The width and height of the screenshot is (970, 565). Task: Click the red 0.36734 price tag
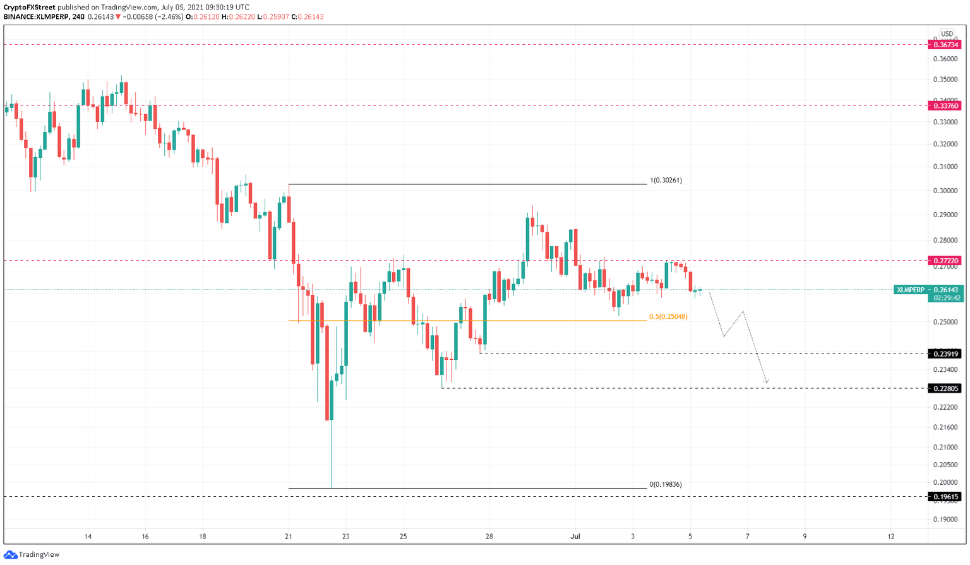(x=944, y=45)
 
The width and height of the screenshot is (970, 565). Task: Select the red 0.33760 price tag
(x=944, y=106)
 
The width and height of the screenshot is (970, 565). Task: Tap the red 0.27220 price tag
(x=944, y=261)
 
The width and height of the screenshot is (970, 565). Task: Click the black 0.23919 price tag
(x=944, y=354)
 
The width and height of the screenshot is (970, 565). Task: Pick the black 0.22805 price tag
(x=944, y=389)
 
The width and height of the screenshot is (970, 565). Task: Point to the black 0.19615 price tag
(x=944, y=497)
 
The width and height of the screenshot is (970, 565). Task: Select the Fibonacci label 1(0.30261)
(x=666, y=181)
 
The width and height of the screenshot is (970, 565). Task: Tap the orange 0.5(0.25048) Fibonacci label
(x=668, y=317)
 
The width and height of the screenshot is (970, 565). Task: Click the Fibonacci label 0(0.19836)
(x=666, y=485)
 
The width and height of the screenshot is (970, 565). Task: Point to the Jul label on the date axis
(x=575, y=537)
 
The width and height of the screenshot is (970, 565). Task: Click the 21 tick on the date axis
(x=289, y=537)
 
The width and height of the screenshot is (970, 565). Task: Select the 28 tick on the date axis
(x=489, y=537)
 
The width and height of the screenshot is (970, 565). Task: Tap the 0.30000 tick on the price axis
(x=945, y=191)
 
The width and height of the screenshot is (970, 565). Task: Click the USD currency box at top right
(x=946, y=34)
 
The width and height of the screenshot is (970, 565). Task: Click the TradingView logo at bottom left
(x=32, y=555)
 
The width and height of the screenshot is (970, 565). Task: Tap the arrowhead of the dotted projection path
(x=767, y=381)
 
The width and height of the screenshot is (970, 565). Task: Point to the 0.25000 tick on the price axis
(x=945, y=323)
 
